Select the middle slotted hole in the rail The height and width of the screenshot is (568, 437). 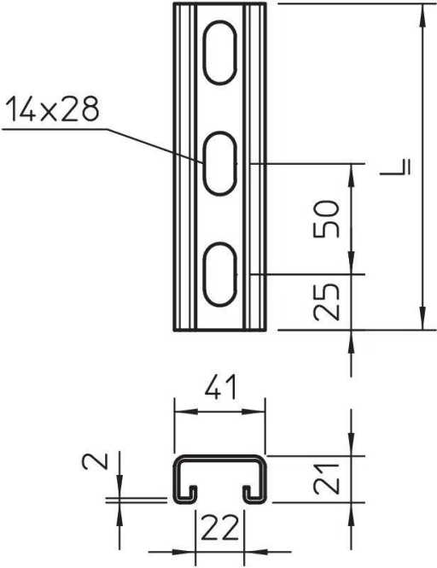[219, 163]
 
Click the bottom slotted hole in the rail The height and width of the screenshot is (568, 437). [219, 272]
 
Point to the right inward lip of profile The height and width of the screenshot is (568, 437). [247, 492]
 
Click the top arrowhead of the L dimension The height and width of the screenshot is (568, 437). [421, 12]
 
